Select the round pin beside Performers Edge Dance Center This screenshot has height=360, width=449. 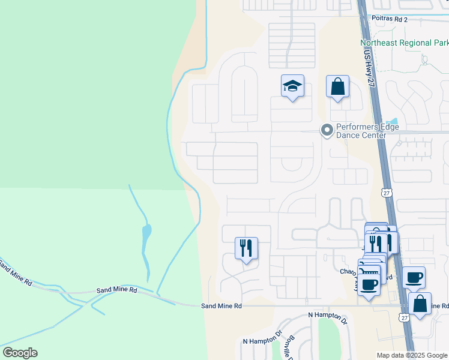(x=327, y=130)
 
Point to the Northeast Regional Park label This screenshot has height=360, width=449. (x=404, y=43)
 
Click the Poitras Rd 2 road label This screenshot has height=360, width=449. (x=389, y=20)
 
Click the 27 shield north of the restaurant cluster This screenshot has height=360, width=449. (x=386, y=191)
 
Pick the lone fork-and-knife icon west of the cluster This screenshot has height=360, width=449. (x=246, y=247)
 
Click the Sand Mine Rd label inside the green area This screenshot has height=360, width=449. (x=116, y=290)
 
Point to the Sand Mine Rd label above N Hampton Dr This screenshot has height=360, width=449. (x=221, y=305)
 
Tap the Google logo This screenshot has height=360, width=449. (x=20, y=353)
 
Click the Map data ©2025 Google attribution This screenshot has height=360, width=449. (x=412, y=355)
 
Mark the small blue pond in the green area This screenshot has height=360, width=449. (x=146, y=230)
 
